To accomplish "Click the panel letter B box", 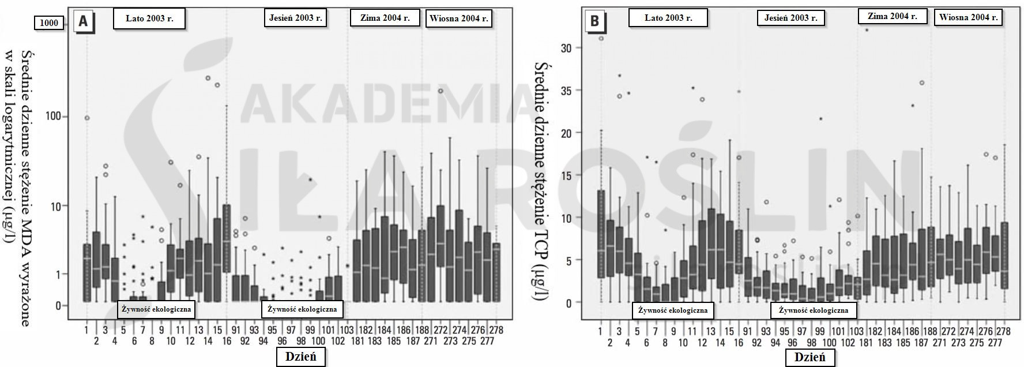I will [x=594, y=22].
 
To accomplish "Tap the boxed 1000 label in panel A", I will [x=48, y=23].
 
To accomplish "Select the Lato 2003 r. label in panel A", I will [x=149, y=18].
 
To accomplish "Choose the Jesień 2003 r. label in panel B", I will [x=790, y=18].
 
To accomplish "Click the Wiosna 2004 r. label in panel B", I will [x=968, y=17].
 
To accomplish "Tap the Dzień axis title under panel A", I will [x=300, y=357].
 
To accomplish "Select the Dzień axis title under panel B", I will [x=810, y=357].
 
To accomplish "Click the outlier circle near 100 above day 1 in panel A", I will [x=87, y=118].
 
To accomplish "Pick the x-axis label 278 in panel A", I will [x=496, y=331].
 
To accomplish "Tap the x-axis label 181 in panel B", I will [x=866, y=342].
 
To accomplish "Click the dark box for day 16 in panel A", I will [x=227, y=238].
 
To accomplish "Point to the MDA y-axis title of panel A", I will [x=17, y=188].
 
